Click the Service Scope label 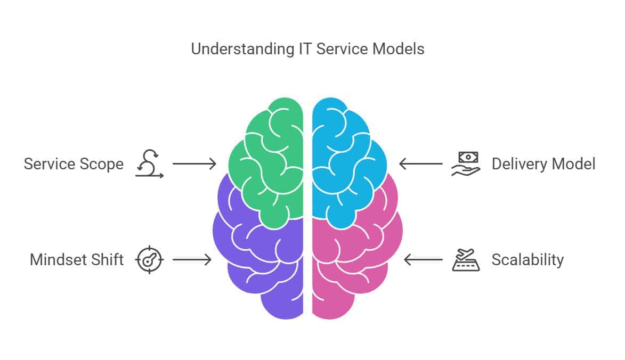pyautogui.click(x=74, y=164)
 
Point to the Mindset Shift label pyautogui.click(x=77, y=260)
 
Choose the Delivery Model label pyautogui.click(x=543, y=164)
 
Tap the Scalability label pyautogui.click(x=527, y=260)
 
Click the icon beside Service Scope pyautogui.click(x=149, y=164)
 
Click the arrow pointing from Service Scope pyautogui.click(x=194, y=164)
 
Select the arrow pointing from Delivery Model pyautogui.click(x=420, y=164)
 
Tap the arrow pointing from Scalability pyautogui.click(x=423, y=260)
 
